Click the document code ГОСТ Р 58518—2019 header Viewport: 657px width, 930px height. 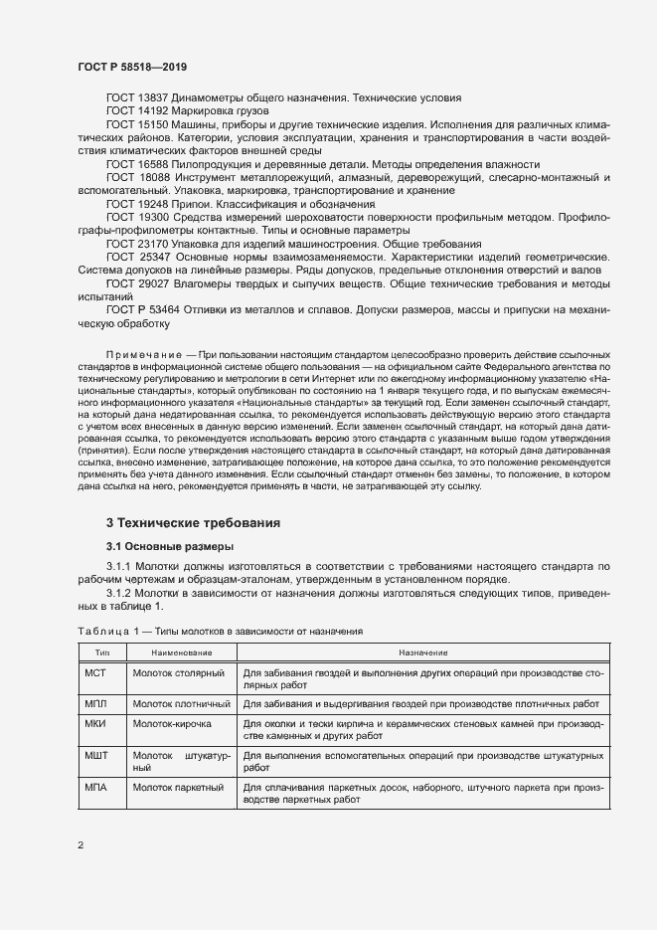coord(131,66)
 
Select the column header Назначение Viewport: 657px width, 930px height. coord(422,652)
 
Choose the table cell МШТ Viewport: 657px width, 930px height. coord(97,756)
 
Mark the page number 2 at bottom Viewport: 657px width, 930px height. coord(81,845)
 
